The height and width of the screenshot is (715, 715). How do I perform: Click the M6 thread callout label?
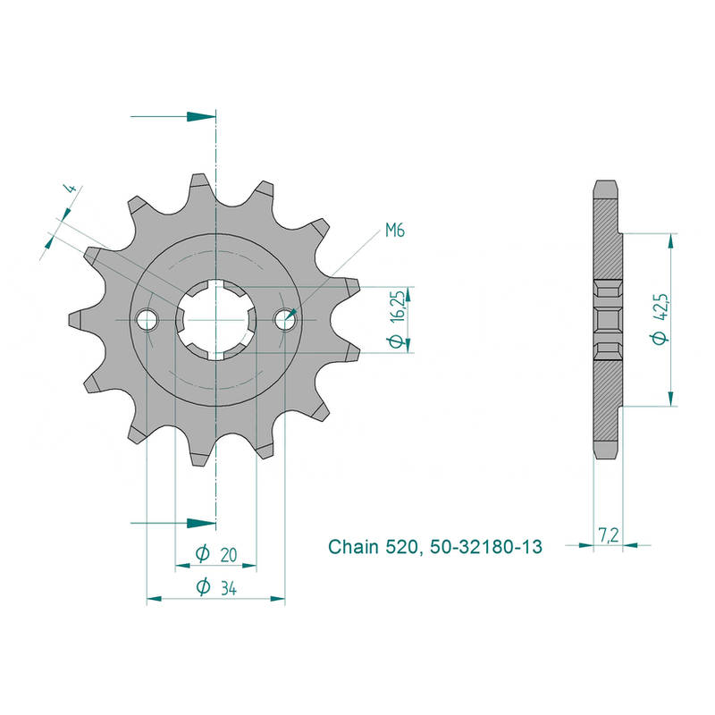pyautogui.click(x=395, y=231)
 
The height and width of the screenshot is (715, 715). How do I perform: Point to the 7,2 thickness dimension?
pyautogui.click(x=609, y=534)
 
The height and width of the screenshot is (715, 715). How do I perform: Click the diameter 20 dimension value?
pyautogui.click(x=229, y=555)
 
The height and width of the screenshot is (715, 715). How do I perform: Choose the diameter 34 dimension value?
pyautogui.click(x=229, y=588)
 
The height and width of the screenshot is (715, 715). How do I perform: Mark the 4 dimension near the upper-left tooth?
pyautogui.click(x=71, y=188)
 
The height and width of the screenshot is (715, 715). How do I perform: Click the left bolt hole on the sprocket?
pyautogui.click(x=147, y=320)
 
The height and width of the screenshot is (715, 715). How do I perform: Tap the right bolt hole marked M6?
pyautogui.click(x=284, y=320)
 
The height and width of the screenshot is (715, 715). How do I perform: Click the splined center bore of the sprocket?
pyautogui.click(x=216, y=320)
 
